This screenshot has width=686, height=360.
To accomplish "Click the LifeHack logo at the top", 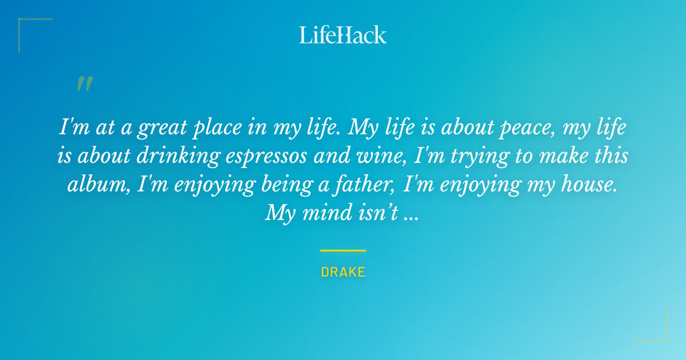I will pyautogui.click(x=342, y=35).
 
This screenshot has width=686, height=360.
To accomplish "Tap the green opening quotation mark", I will pyautogui.click(x=85, y=84).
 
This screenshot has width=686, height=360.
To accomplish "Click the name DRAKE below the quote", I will pyautogui.click(x=343, y=272).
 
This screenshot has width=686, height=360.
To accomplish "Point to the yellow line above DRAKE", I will pyautogui.click(x=343, y=250).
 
